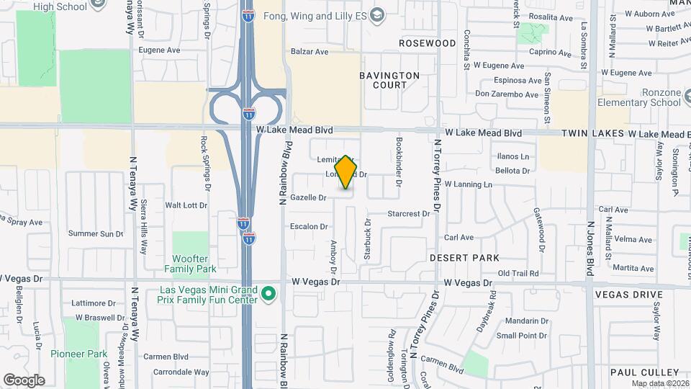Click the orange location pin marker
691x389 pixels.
346,172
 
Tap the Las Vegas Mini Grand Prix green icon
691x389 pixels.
268,293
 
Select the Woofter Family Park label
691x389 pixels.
194,263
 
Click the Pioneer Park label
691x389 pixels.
79,354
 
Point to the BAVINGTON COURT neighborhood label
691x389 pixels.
389,80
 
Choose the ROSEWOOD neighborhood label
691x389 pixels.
428,43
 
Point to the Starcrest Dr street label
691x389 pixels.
408,214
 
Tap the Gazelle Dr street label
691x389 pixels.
309,197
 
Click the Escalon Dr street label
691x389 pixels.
309,226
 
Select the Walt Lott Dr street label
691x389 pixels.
186,205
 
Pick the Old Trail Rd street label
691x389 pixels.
518,273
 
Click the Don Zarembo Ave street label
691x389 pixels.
507,94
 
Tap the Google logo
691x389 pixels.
23,380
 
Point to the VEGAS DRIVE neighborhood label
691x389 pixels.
629,295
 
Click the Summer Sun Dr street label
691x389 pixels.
96,234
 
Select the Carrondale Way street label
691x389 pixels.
176,372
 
